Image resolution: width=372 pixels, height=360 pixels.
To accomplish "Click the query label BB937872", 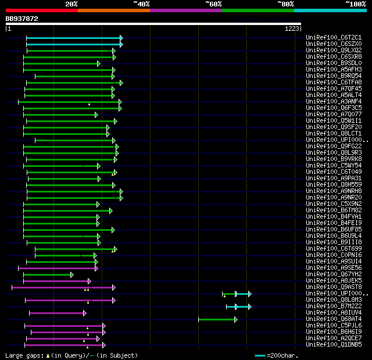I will (22, 19).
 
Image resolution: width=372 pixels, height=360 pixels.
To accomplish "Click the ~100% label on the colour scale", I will (355, 3).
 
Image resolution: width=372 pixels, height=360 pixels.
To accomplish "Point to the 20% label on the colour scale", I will (71, 3).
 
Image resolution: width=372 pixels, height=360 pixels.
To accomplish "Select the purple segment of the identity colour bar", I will (185, 10).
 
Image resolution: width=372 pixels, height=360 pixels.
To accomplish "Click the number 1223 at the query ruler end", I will (292, 28).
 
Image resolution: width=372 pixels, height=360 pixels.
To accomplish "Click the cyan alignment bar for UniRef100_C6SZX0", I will (73, 44).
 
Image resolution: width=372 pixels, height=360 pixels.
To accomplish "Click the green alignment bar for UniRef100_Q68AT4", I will (217, 319).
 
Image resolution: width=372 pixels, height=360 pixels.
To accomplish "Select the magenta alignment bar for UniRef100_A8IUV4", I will (57, 313).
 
